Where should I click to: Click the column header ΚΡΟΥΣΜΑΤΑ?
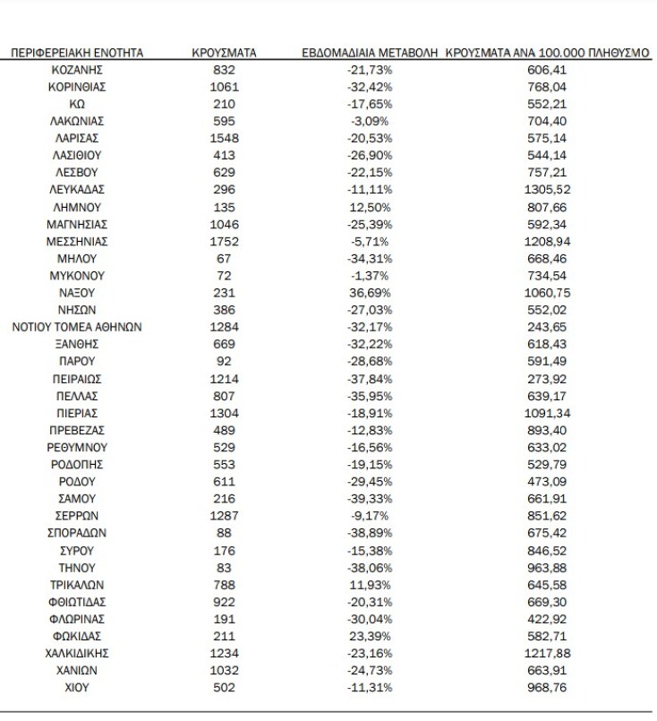[x=225, y=54]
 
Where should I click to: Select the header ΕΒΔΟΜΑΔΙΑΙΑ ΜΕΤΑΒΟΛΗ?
[x=369, y=54]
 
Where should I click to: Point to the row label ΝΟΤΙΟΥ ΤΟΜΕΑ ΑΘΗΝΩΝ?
[x=76, y=326]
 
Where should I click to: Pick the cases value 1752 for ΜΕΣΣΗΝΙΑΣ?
[x=225, y=241]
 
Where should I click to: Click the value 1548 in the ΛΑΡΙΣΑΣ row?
[x=225, y=139]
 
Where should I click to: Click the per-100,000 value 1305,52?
[x=547, y=190]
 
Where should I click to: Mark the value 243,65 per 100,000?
[x=547, y=326]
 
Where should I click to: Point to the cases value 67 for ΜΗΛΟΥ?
[x=225, y=258]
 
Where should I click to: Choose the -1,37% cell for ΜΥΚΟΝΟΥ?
[x=369, y=275]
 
